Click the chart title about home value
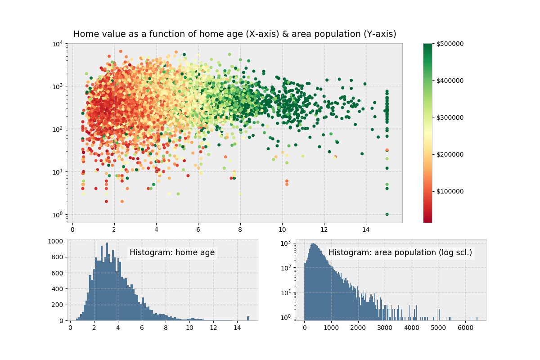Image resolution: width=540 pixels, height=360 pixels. pyautogui.click(x=234, y=34)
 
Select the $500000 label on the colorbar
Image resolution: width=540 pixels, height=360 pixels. pyautogui.click(x=450, y=44)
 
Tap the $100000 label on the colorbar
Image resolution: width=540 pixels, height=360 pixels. pyautogui.click(x=450, y=191)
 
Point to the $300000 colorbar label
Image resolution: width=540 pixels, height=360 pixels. pyautogui.click(x=450, y=117)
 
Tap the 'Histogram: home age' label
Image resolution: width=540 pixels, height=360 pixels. pyautogui.click(x=172, y=253)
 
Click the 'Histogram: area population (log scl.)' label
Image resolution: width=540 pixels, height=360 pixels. pyautogui.click(x=400, y=253)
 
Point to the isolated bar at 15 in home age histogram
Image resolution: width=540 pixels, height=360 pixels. pyautogui.click(x=248, y=318)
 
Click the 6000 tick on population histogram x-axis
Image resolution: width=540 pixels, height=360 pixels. pyautogui.click(x=466, y=328)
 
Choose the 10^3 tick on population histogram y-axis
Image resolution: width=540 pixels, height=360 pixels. pyautogui.click(x=287, y=243)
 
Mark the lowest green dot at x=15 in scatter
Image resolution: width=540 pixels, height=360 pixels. pyautogui.click(x=387, y=214)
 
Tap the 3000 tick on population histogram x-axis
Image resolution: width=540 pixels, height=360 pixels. pyautogui.click(x=385, y=328)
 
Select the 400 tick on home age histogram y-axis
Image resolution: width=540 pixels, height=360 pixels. pyautogui.click(x=60, y=289)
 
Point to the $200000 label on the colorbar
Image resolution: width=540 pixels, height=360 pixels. pyautogui.click(x=450, y=154)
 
